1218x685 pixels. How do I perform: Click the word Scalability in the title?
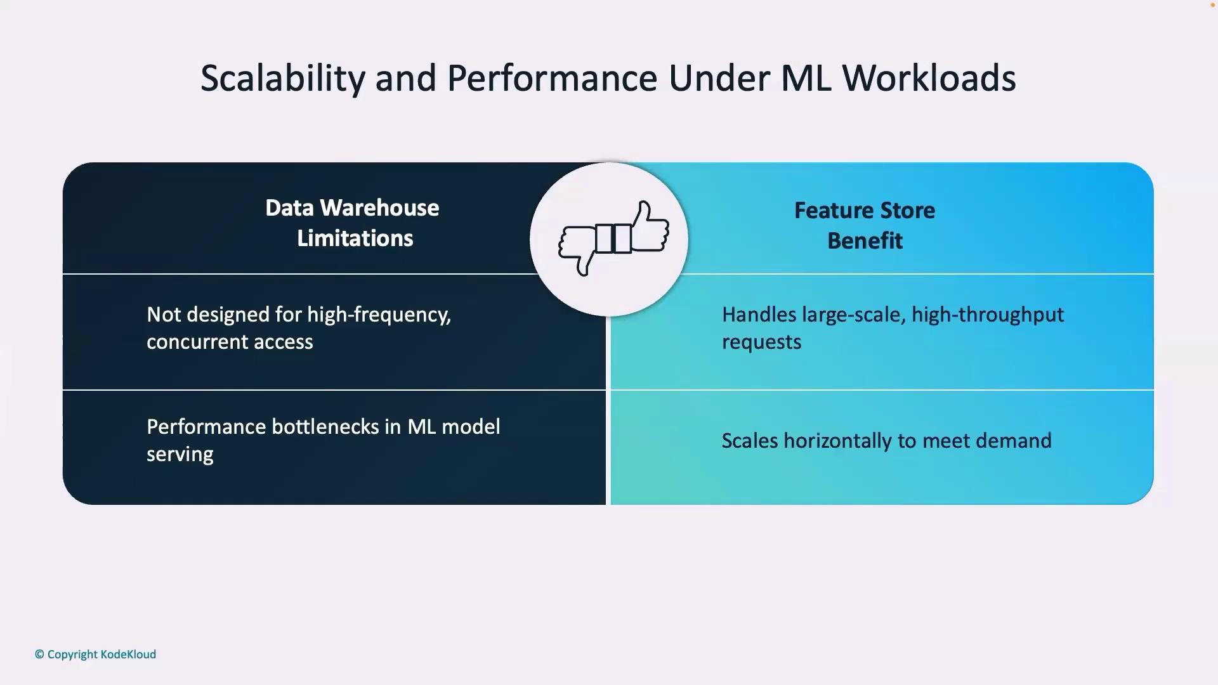click(x=283, y=79)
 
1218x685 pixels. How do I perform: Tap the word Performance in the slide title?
click(x=552, y=78)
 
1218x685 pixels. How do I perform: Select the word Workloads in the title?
click(x=929, y=78)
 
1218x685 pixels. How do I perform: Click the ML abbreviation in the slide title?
click(x=806, y=78)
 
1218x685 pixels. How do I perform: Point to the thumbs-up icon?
click(x=649, y=226)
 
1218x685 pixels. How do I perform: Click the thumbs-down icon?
click(x=577, y=249)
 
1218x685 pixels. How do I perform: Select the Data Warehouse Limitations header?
click(x=353, y=223)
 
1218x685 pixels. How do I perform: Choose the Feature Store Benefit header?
click(x=865, y=225)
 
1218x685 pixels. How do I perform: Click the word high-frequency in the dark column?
click(x=379, y=315)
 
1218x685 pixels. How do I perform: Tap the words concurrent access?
click(x=230, y=342)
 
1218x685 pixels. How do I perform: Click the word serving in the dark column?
click(x=180, y=455)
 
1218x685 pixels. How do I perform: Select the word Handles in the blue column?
click(x=759, y=315)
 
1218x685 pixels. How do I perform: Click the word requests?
click(x=762, y=342)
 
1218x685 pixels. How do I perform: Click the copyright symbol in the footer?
click(x=39, y=655)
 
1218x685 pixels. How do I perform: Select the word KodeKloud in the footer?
click(x=128, y=655)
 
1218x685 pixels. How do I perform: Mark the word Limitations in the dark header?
click(x=355, y=238)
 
